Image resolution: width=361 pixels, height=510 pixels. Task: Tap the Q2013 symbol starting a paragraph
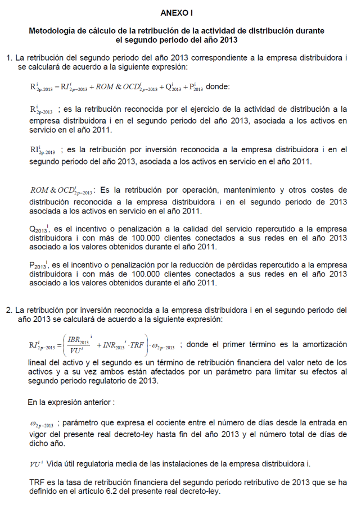(39, 230)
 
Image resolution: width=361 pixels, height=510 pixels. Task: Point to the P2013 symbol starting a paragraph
(39, 265)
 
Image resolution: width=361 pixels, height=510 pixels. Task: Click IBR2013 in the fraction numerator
(78, 340)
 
